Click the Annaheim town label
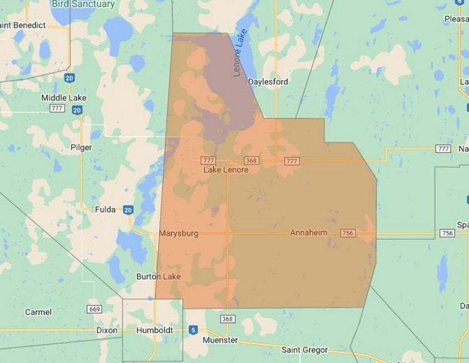pyautogui.click(x=309, y=233)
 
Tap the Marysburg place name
pyautogui.click(x=178, y=234)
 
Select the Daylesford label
pyautogui.click(x=268, y=82)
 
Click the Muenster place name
pyautogui.click(x=220, y=341)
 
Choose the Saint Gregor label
pyautogui.click(x=305, y=350)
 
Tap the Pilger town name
pyautogui.click(x=81, y=148)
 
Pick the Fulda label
pyautogui.click(x=105, y=209)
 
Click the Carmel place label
pyautogui.click(x=38, y=312)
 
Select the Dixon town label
pyautogui.click(x=106, y=330)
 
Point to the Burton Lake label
pyautogui.click(x=159, y=277)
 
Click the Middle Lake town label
pyautogui.click(x=64, y=98)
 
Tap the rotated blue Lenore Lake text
pyautogui.click(x=240, y=52)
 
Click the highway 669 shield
pyautogui.click(x=94, y=309)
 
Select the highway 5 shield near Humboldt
pyautogui.click(x=193, y=330)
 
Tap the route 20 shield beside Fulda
pyautogui.click(x=128, y=210)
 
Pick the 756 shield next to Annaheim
pyautogui.click(x=348, y=234)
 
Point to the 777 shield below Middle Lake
pyautogui.click(x=58, y=109)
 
